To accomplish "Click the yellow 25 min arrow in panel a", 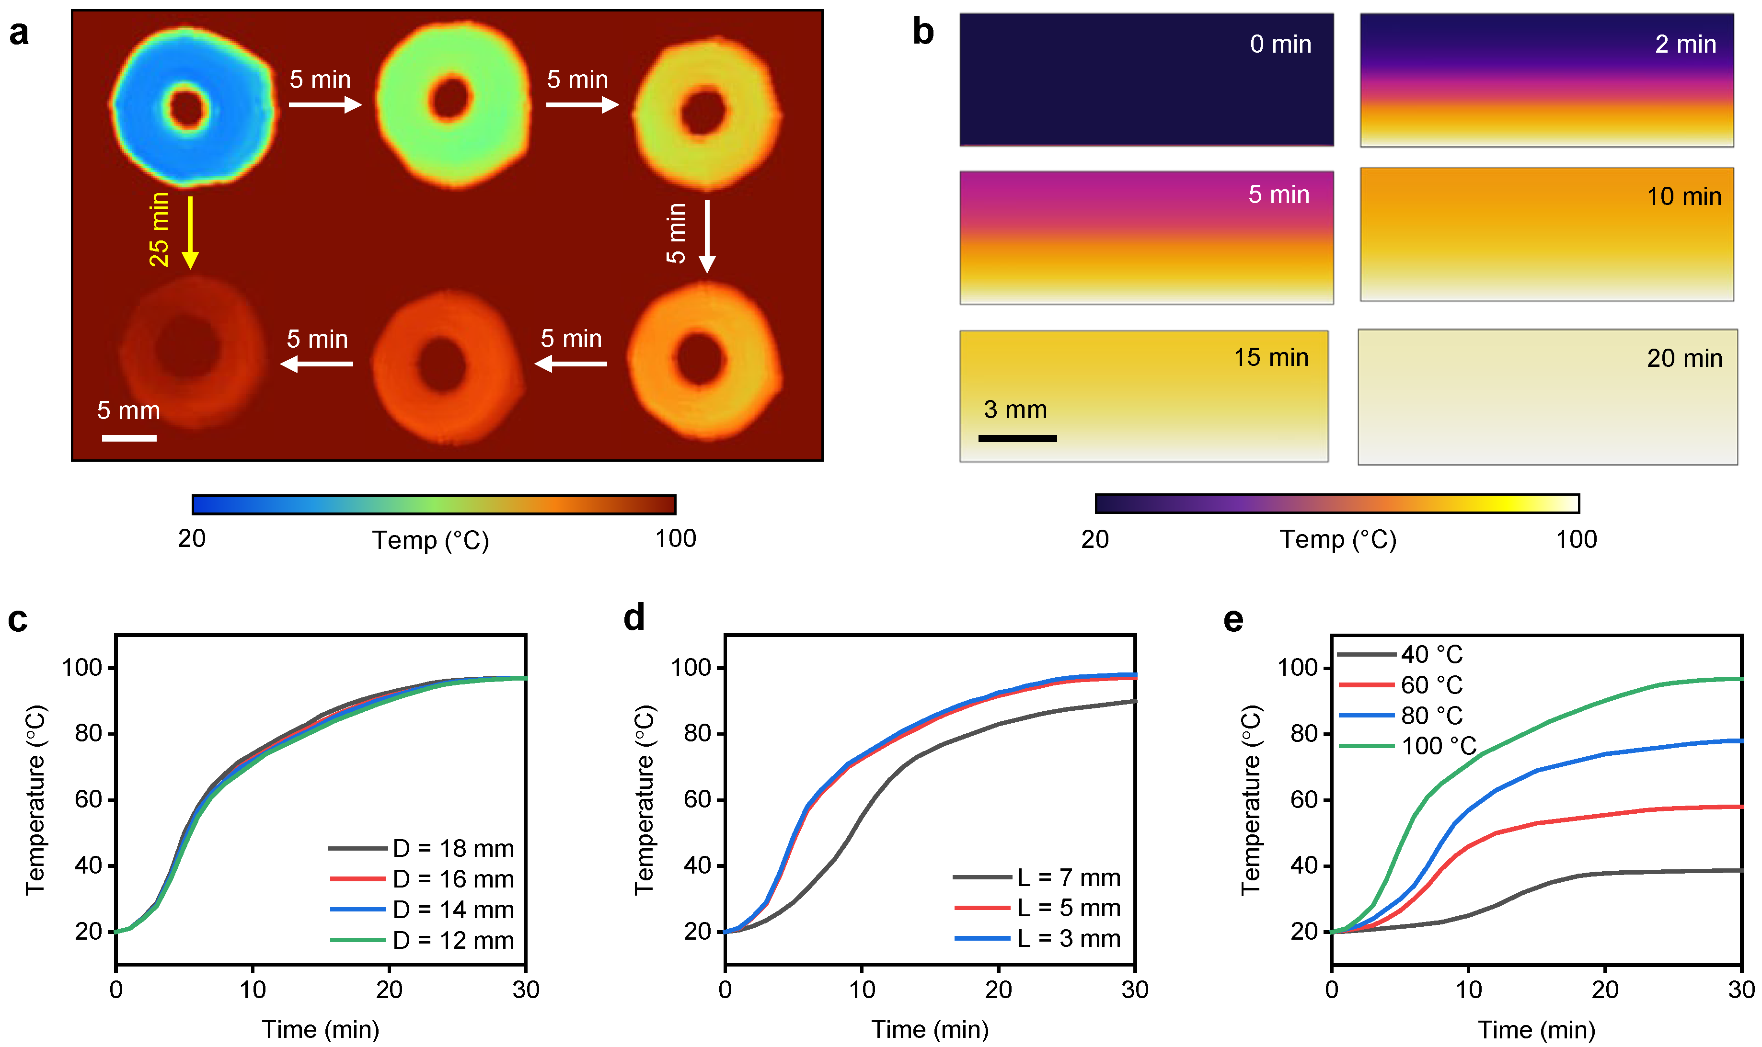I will [x=190, y=233].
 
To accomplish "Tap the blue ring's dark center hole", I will [x=188, y=109].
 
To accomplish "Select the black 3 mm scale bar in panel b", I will [x=1017, y=438].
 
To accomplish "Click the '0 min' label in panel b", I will [x=1280, y=45].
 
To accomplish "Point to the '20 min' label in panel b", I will [x=1684, y=358].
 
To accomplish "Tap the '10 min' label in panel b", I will [x=1684, y=196].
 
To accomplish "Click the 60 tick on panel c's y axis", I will [x=89, y=799].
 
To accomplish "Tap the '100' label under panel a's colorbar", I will [x=675, y=539].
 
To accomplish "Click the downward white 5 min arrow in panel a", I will [x=706, y=236].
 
